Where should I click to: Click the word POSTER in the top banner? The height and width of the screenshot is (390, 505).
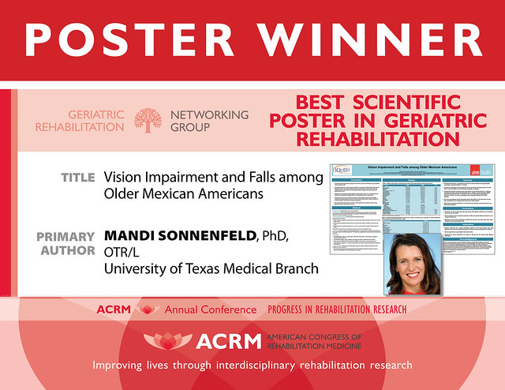tap(131, 39)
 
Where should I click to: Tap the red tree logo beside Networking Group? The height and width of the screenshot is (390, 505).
tap(148, 121)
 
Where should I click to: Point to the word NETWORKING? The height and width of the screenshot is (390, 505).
tap(209, 114)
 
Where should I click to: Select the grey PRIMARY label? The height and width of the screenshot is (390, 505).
tap(65, 236)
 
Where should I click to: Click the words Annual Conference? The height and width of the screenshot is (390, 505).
tap(210, 309)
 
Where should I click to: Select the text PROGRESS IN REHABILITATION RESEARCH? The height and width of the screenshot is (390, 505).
tap(337, 309)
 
